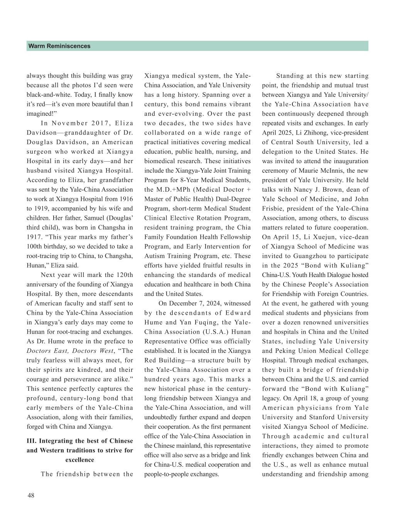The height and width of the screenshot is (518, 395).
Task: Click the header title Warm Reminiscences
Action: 59,46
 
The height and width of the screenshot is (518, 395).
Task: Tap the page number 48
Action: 31,496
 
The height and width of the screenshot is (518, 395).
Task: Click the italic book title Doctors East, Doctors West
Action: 70,351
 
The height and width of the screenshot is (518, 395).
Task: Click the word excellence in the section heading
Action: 80,460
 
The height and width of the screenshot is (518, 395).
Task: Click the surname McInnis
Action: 339,171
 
